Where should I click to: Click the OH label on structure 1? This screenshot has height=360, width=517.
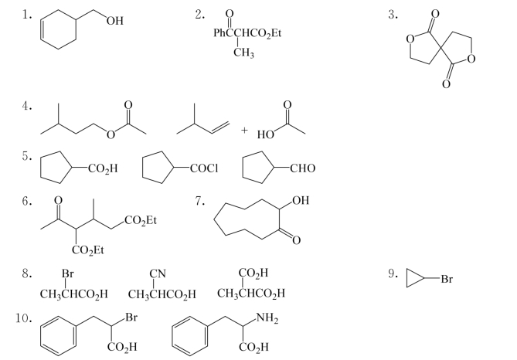coord(115,21)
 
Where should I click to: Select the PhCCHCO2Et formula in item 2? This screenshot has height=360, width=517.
coord(247,33)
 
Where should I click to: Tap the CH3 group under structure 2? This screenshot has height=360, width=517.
coord(243,53)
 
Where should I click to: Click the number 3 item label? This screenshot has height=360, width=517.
coord(393,15)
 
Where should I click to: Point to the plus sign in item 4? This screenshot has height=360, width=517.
coord(244,130)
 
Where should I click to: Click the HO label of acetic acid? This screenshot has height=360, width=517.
coord(265,134)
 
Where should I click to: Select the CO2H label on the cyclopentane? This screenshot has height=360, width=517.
coord(103,168)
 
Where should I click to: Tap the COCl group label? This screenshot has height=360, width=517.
coord(204,168)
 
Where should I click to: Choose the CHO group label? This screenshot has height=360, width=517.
coord(302,168)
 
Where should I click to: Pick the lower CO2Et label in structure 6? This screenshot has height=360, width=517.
coord(87,250)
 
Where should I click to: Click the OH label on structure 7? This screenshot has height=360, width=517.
coord(301,200)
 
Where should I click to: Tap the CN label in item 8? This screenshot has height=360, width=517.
coord(158,273)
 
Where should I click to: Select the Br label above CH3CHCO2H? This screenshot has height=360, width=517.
coord(67,273)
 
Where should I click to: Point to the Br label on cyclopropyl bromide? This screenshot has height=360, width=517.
coord(447,279)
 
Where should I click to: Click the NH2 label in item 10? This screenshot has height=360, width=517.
coord(267,318)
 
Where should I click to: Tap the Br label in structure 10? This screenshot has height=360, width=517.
coord(131,318)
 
